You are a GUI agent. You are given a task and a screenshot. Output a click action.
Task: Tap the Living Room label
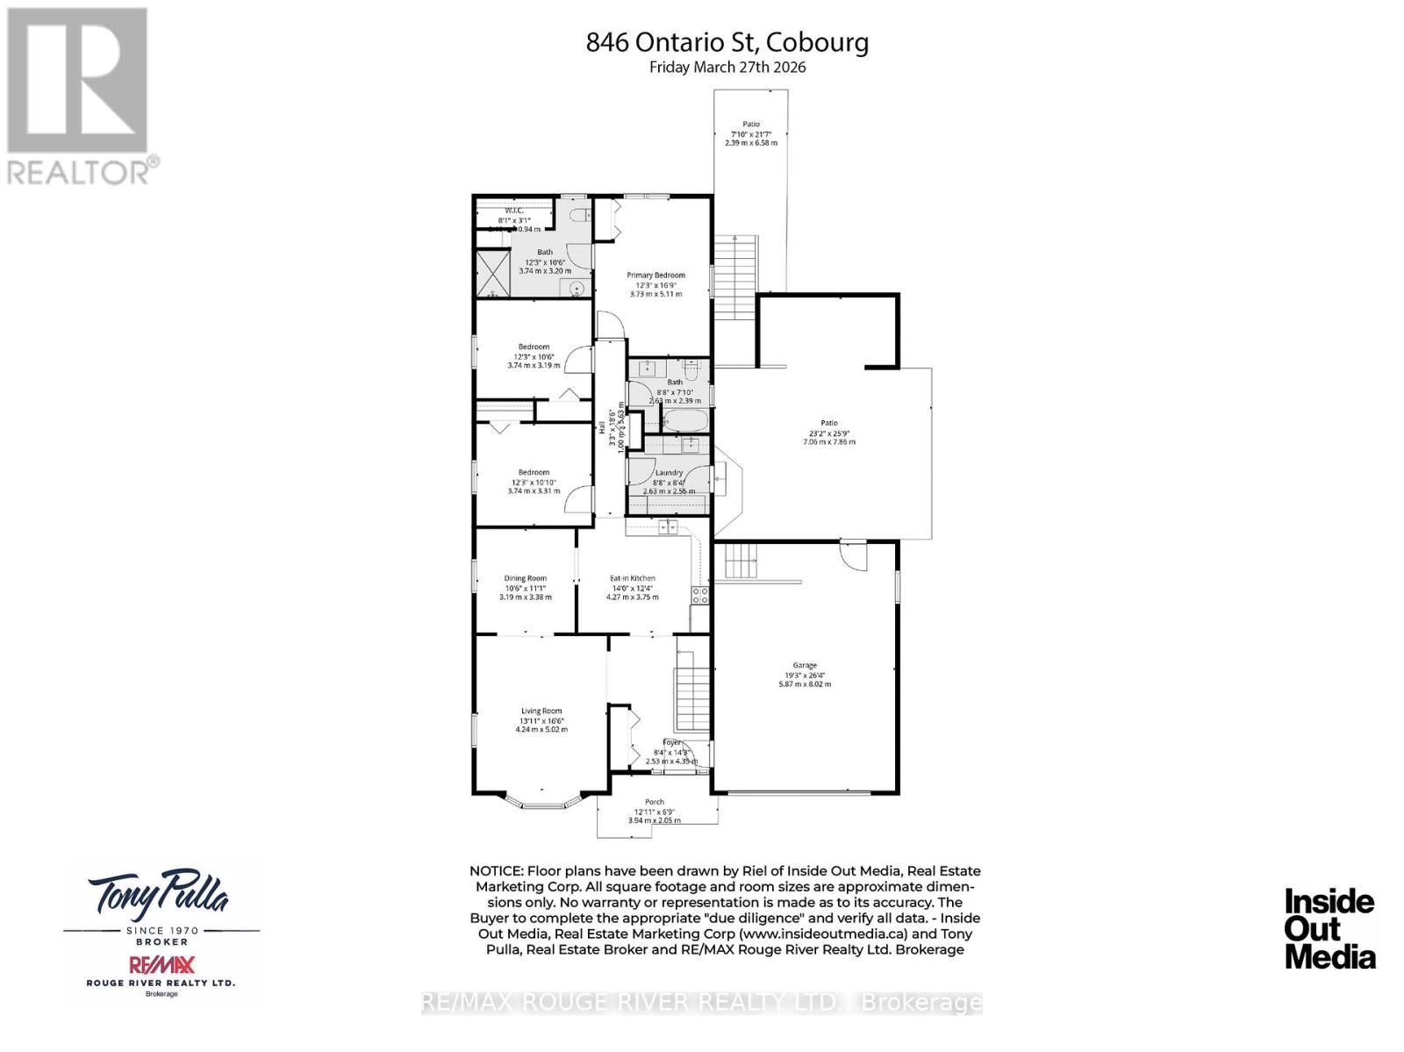click(x=541, y=712)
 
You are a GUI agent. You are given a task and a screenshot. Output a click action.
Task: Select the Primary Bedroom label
click(x=655, y=276)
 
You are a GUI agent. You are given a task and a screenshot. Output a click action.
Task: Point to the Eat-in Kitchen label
click(x=633, y=579)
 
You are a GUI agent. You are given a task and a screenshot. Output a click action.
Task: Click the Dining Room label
click(x=526, y=579)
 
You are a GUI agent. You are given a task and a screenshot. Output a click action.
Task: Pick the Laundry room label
click(x=669, y=473)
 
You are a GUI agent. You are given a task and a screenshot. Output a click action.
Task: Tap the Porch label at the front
click(x=655, y=802)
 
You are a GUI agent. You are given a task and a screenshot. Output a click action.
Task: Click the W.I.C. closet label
click(x=514, y=210)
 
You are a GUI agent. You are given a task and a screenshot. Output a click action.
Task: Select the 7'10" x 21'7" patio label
click(x=751, y=133)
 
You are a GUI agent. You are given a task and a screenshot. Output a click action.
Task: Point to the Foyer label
click(x=671, y=743)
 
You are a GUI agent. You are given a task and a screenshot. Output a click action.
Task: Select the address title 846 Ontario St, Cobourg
click(x=727, y=42)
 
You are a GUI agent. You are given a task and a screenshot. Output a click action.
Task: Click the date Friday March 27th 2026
click(x=727, y=68)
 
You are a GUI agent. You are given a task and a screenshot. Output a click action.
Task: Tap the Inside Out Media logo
click(x=1329, y=928)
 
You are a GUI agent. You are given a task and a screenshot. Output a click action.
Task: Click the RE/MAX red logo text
click(x=161, y=965)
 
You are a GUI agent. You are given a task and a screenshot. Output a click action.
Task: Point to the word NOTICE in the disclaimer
click(x=496, y=871)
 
